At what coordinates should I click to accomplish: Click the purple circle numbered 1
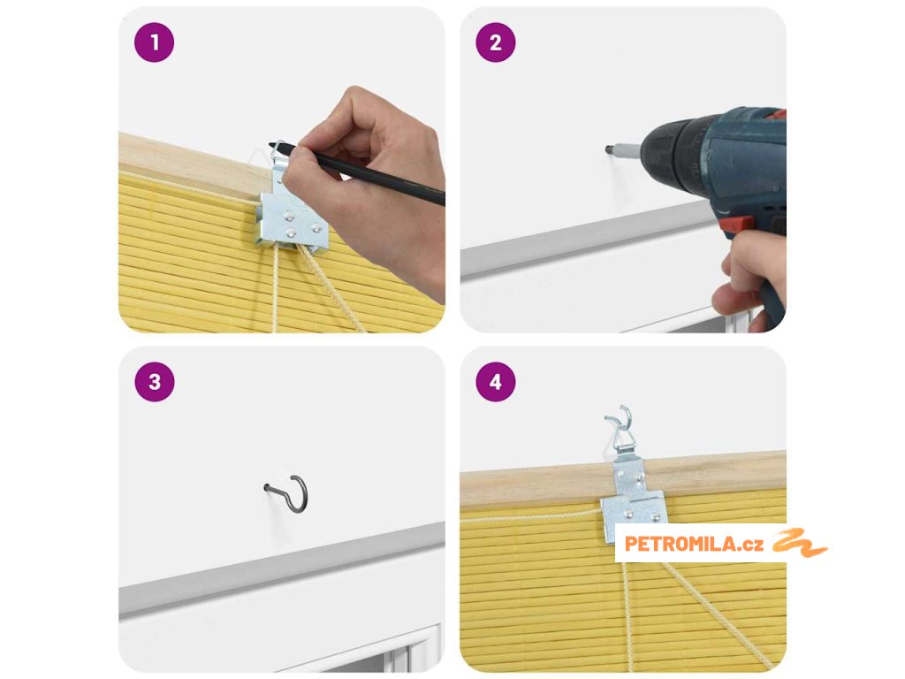(x=154, y=42)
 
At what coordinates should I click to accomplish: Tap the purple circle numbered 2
(x=496, y=42)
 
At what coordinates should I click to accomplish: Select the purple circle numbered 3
(x=154, y=382)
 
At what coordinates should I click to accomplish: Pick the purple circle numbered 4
(x=496, y=382)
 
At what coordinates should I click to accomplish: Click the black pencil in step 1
(x=356, y=173)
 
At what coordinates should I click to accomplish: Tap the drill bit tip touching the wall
(x=608, y=149)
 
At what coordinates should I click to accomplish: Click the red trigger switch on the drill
(x=737, y=225)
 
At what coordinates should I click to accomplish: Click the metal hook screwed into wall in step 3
(x=288, y=493)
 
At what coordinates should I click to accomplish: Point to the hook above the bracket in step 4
(x=620, y=426)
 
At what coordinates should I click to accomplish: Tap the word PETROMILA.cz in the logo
(x=694, y=544)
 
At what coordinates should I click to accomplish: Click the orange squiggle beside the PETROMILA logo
(x=800, y=543)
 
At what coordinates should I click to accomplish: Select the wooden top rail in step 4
(x=623, y=478)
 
